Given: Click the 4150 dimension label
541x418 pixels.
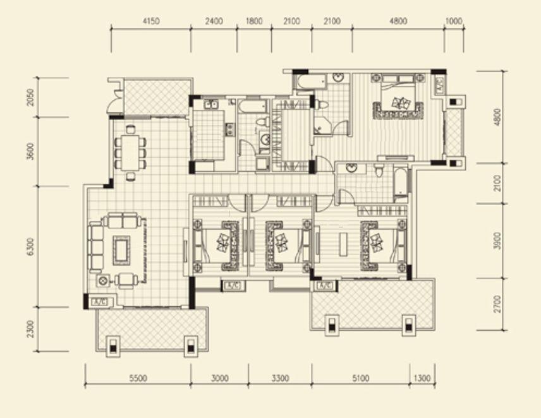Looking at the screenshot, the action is (151, 21).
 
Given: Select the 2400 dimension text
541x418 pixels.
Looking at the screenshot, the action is (214, 21).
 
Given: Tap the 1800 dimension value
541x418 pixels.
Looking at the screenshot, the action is (254, 21).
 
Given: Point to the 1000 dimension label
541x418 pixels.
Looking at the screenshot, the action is (453, 21).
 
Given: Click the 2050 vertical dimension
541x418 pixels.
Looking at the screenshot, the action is (30, 97).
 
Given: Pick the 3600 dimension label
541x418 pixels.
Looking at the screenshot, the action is (30, 152).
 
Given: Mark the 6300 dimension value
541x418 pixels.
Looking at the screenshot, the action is (30, 247).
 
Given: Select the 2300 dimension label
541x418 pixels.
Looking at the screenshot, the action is (30, 329).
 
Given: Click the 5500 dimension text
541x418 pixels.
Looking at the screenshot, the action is (138, 378).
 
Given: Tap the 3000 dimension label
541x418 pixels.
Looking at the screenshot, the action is (220, 378).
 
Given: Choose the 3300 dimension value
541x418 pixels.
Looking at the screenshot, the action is (280, 378).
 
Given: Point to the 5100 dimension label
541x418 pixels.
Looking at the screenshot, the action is (360, 378).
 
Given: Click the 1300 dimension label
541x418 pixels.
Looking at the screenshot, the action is (422, 378).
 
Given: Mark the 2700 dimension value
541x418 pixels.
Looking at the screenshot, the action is (497, 304).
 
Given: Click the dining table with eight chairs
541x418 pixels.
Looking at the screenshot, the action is (130, 153).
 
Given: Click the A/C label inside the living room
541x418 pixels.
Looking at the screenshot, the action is (100, 302).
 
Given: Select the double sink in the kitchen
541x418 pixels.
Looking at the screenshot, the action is (210, 104).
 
